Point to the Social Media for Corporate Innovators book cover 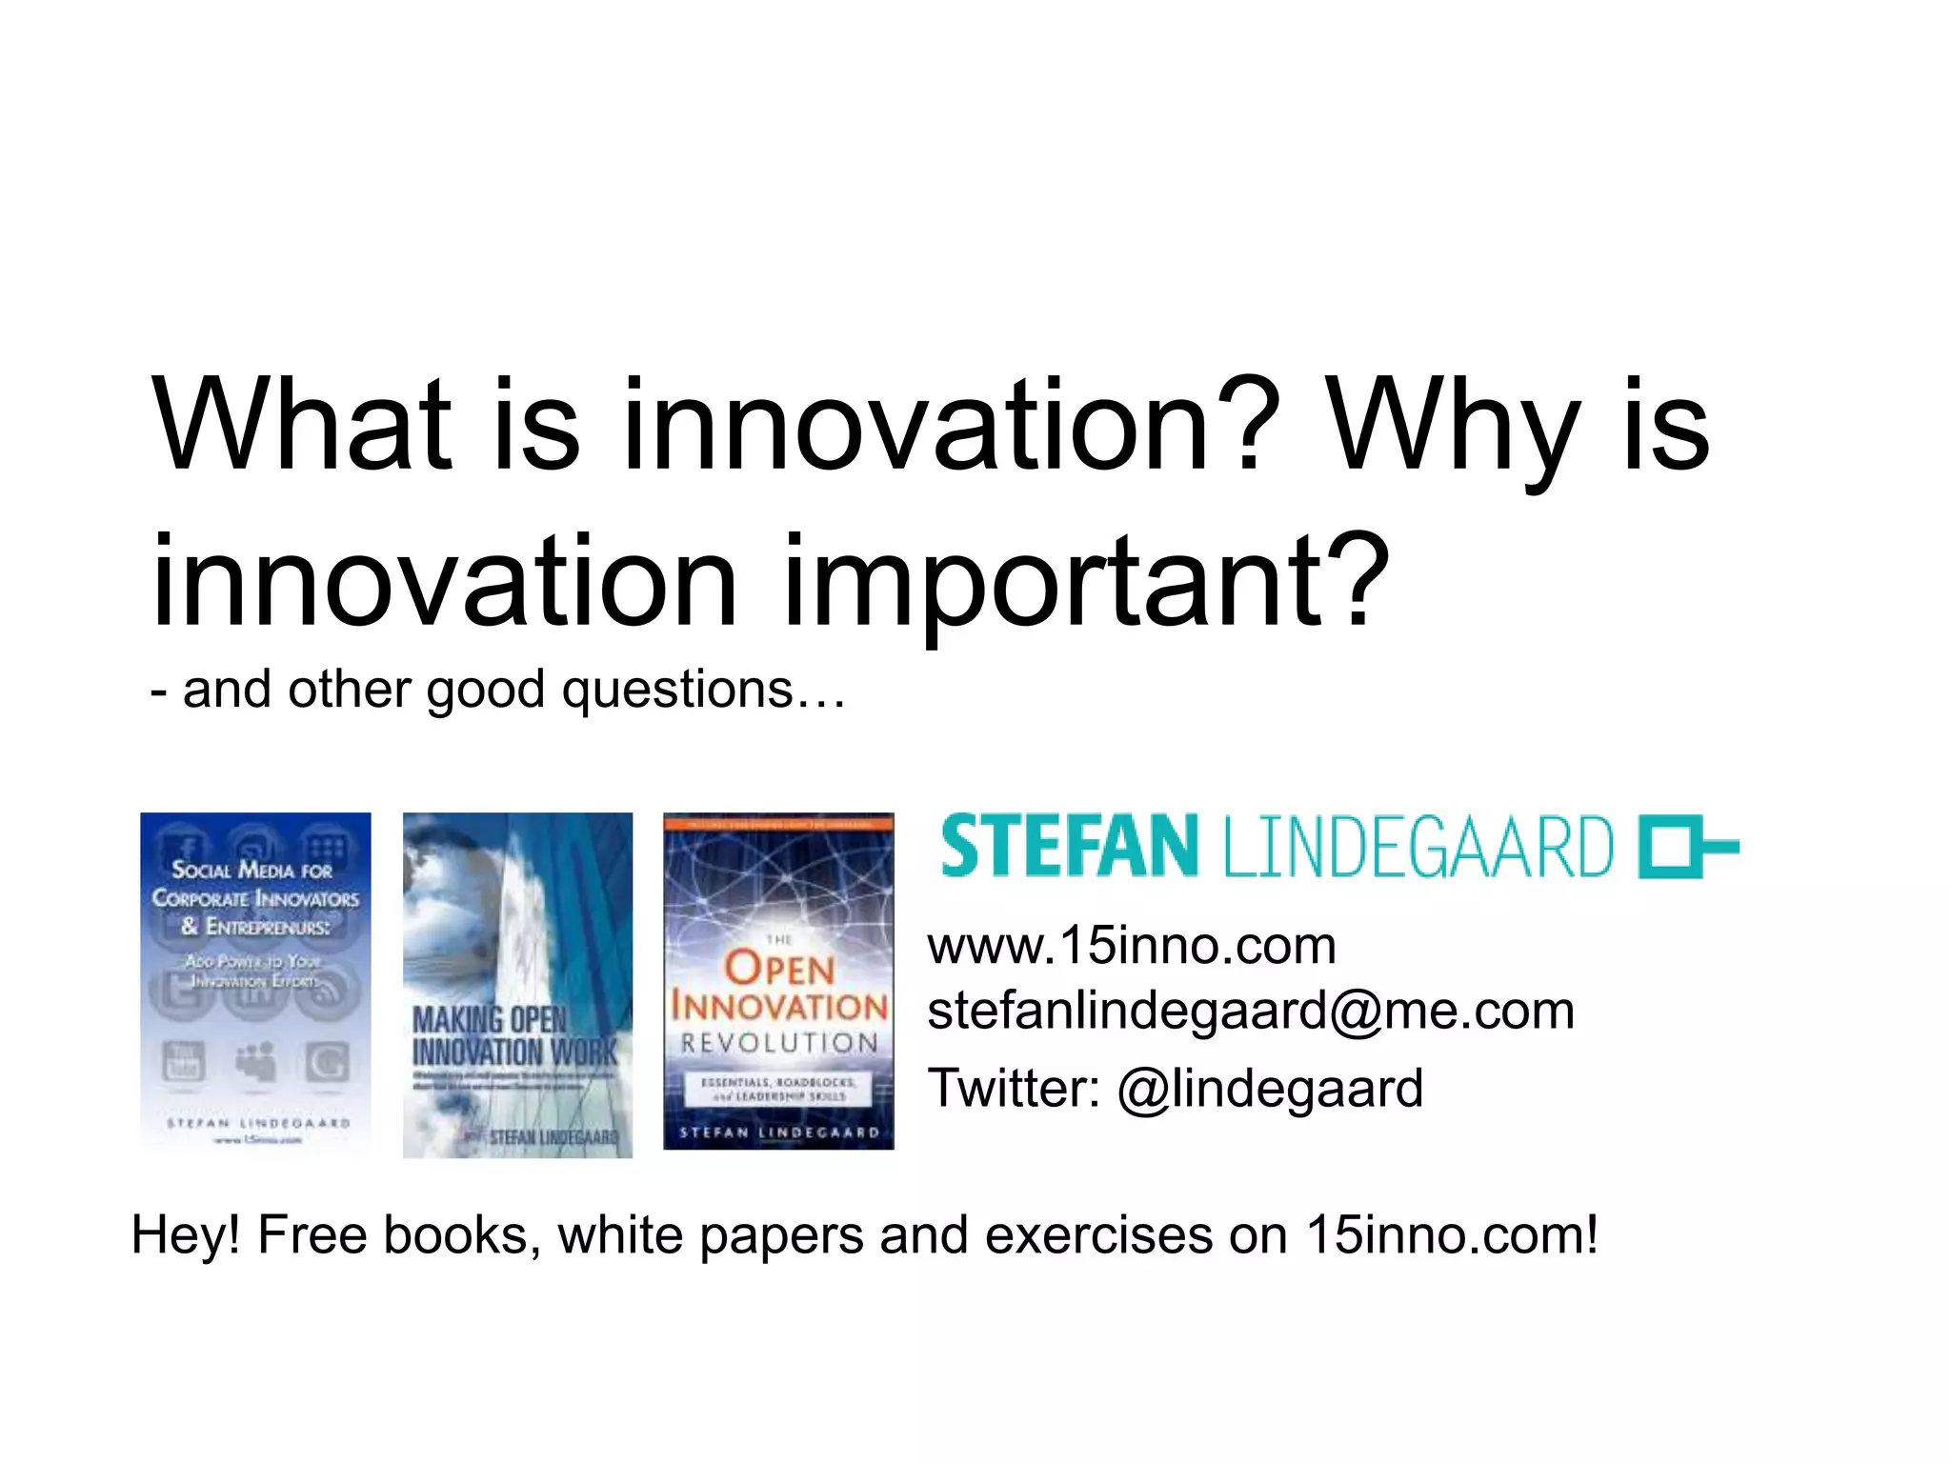[x=255, y=984]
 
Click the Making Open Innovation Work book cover [x=517, y=984]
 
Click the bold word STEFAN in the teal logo [x=1068, y=846]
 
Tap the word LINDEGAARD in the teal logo [x=1418, y=847]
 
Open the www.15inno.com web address [x=1132, y=946]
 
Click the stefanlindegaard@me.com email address [x=1250, y=1011]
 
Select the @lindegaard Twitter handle [x=1270, y=1089]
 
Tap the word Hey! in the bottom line [x=186, y=1235]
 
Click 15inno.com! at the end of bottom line [x=1451, y=1235]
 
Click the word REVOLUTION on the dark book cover [x=779, y=1043]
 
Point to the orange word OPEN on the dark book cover [x=779, y=970]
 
